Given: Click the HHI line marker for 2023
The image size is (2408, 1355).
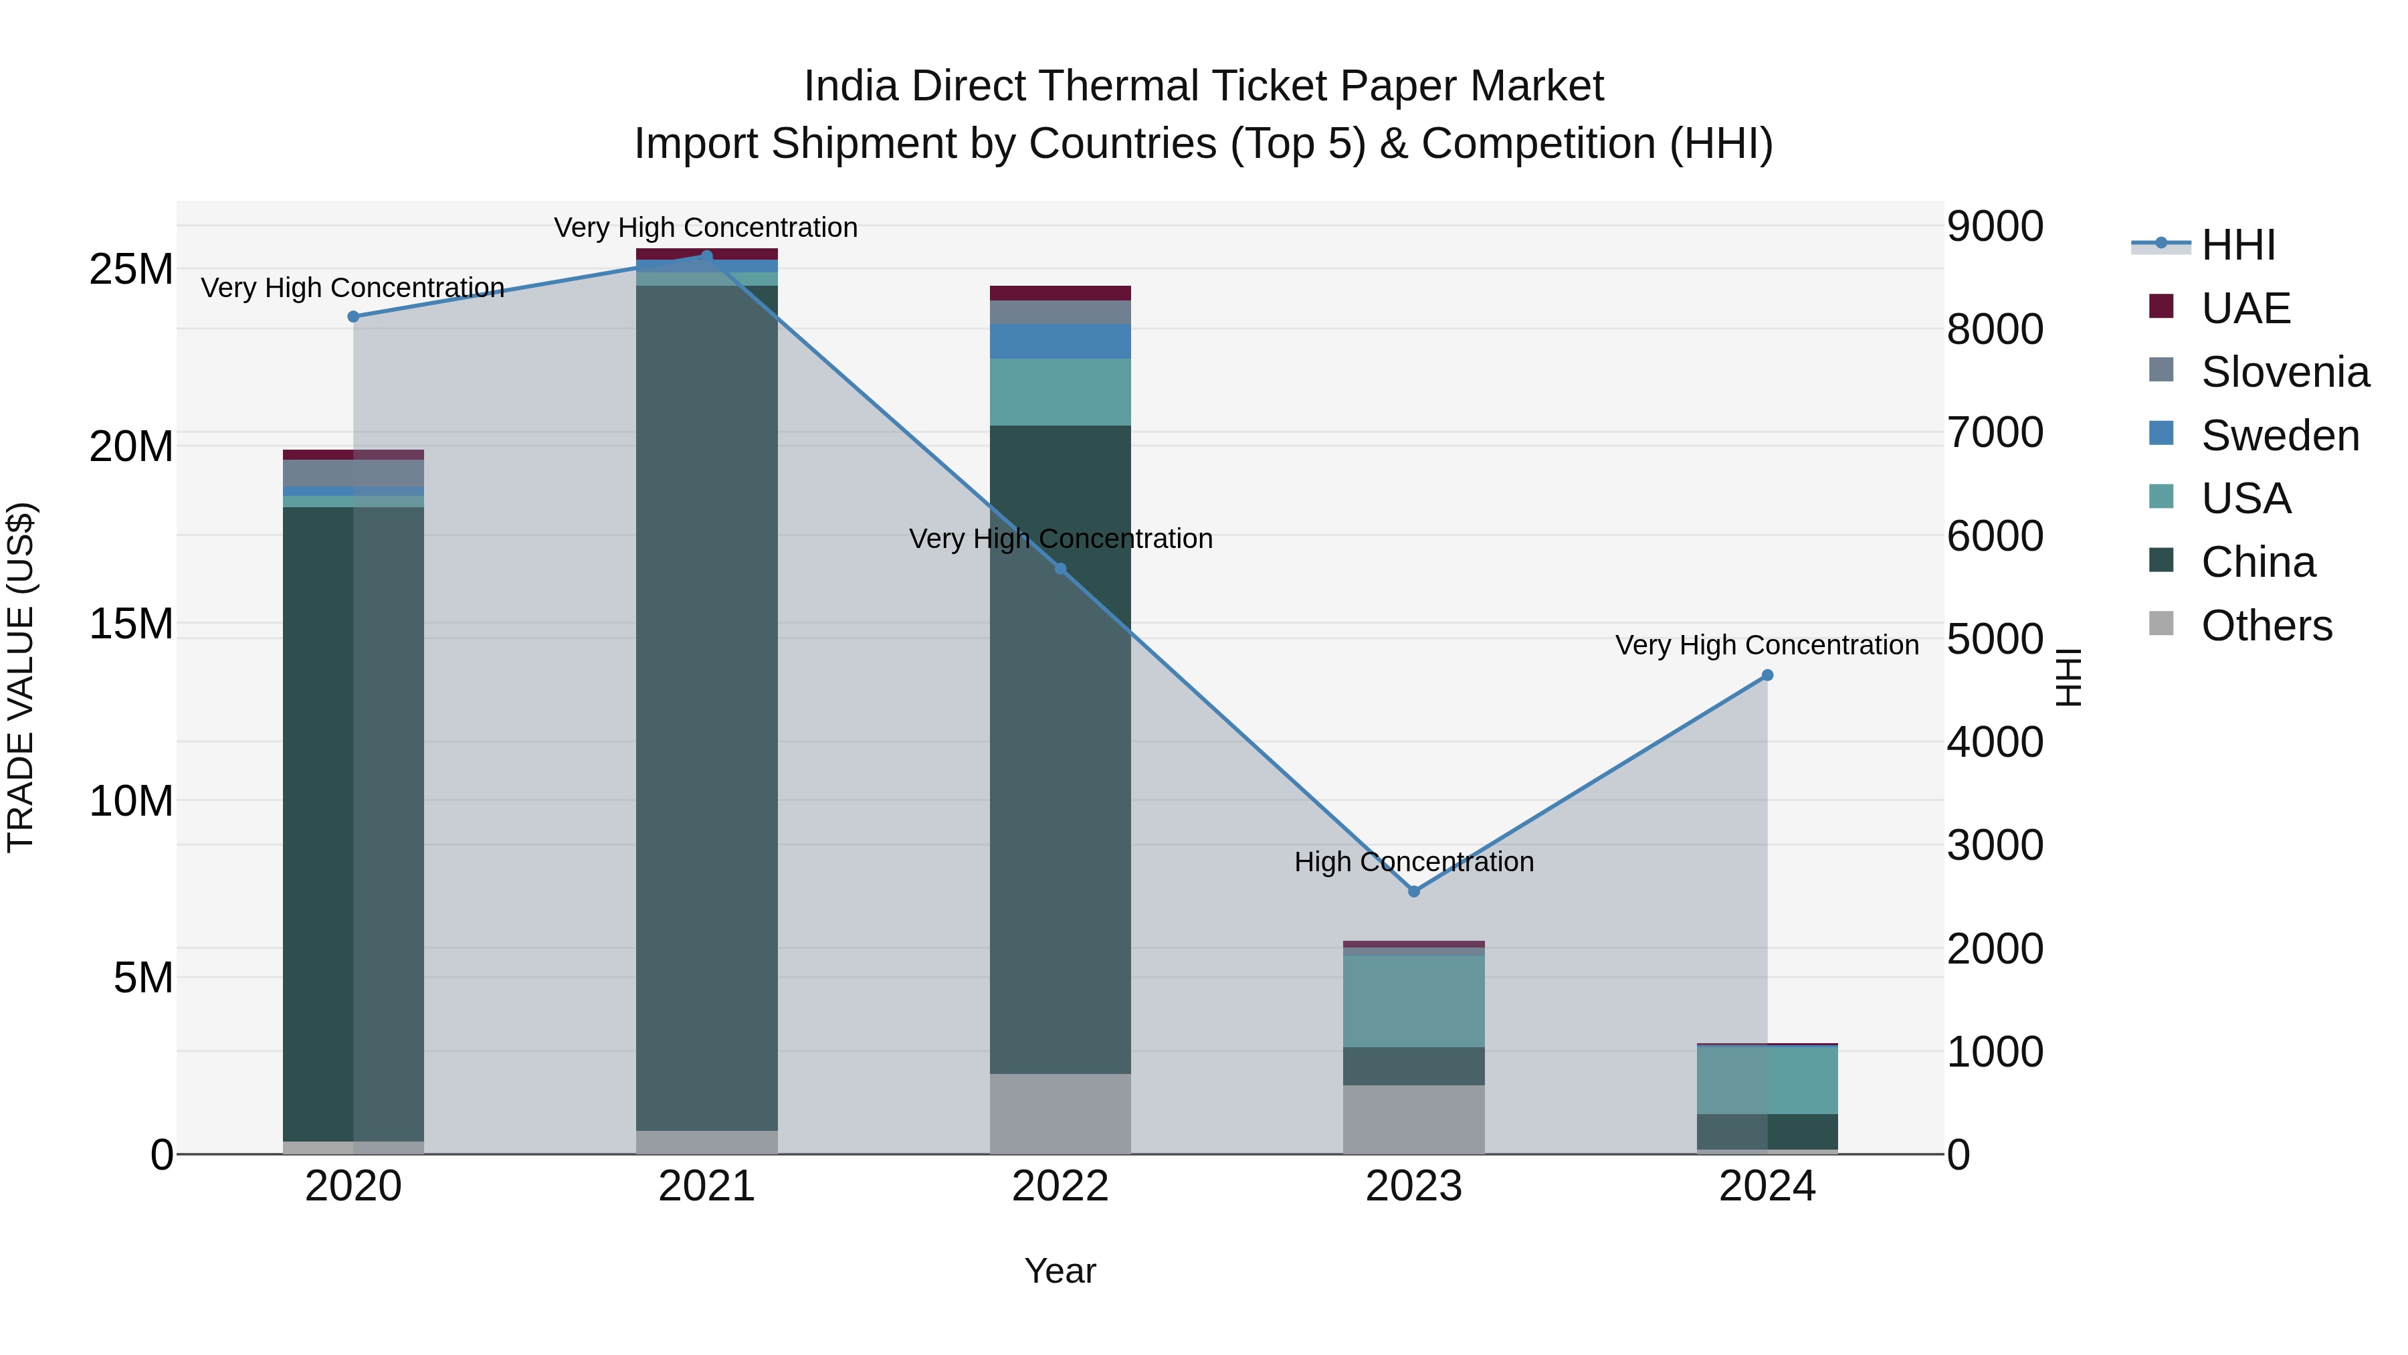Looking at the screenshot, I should click(1413, 891).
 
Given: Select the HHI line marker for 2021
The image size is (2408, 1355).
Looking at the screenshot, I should click(707, 256).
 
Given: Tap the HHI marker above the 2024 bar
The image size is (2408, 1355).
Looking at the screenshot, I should click(1767, 675).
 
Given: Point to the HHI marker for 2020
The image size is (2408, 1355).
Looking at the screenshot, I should click(353, 317).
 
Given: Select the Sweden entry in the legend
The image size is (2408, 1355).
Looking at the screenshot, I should click(2279, 436).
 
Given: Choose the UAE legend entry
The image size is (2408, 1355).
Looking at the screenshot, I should click(2245, 308).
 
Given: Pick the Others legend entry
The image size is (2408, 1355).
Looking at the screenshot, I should click(2266, 626).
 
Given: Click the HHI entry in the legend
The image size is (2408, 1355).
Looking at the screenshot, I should click(2238, 245).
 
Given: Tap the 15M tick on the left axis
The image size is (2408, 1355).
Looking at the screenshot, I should click(131, 624).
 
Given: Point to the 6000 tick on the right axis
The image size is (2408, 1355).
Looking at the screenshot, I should click(1995, 536).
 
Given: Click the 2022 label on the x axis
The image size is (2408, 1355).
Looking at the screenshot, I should click(1060, 1186).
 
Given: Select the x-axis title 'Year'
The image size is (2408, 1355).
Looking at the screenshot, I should click(1060, 1271).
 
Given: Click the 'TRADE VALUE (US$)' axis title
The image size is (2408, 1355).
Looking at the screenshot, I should click(21, 677).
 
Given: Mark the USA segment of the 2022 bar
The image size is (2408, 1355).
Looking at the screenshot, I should click(1060, 392).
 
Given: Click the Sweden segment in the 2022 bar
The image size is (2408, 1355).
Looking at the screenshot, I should click(1060, 341).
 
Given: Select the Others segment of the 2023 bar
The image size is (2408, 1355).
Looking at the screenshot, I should click(1413, 1119).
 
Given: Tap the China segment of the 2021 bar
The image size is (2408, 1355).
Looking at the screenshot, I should click(707, 708).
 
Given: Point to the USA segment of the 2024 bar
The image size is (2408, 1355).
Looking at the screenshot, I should click(1767, 1080).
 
